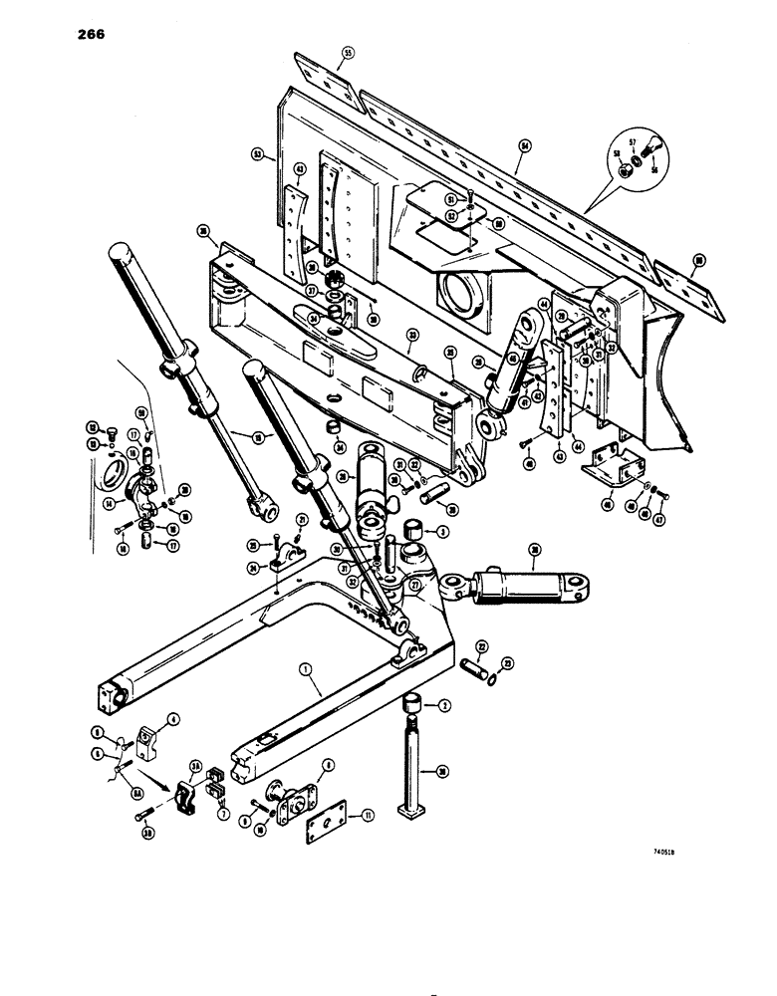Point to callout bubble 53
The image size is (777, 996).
(257, 155)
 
